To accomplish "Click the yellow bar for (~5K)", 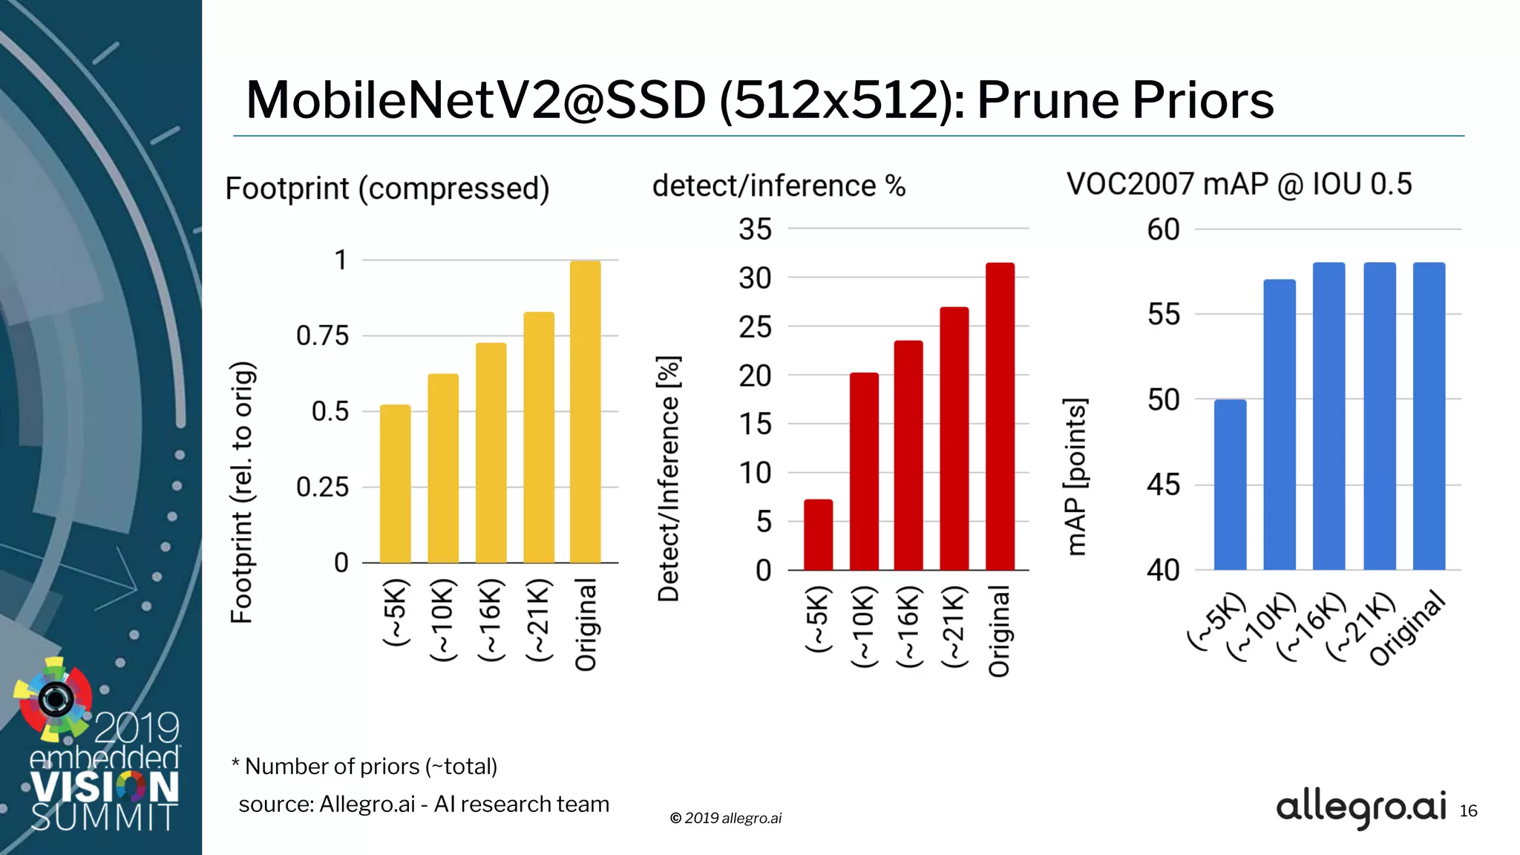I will click(x=395, y=484).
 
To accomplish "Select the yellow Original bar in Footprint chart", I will click(x=585, y=412).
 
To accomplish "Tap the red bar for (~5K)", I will click(x=818, y=534).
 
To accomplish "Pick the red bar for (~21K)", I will click(x=954, y=438).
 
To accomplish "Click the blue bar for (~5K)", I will click(x=1230, y=485).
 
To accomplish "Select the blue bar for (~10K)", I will click(x=1280, y=425).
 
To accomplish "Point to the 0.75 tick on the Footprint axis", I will click(x=322, y=335).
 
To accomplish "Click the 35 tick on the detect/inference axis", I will click(x=755, y=229).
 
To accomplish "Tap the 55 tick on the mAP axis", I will click(x=1163, y=315).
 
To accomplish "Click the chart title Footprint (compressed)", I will click(x=387, y=189).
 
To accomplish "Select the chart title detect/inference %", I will click(x=779, y=186).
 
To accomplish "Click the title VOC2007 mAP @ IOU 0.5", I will click(x=1239, y=184).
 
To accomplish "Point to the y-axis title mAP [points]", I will click(x=1075, y=476).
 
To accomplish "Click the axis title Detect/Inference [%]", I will click(x=669, y=478).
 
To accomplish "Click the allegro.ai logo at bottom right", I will click(x=1360, y=807).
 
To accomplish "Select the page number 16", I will click(x=1468, y=811).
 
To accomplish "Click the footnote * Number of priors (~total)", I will click(x=364, y=766).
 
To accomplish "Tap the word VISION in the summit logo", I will click(x=104, y=787).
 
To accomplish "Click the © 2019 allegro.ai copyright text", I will click(x=725, y=818).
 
